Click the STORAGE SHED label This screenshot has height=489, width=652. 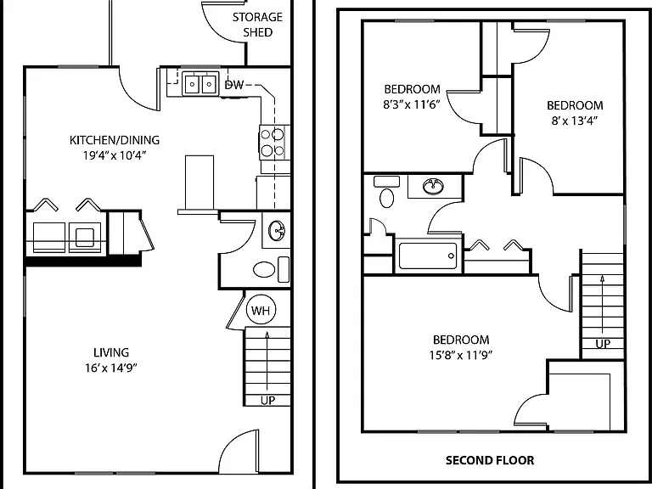pyautogui.click(x=257, y=25)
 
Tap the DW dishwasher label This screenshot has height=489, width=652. pyautogui.click(x=234, y=85)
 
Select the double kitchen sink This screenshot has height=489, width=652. pyautogui.click(x=200, y=84)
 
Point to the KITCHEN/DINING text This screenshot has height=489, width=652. pyautogui.click(x=115, y=140)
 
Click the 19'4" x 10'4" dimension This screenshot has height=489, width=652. pyautogui.click(x=115, y=155)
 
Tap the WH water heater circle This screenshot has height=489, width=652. pyautogui.click(x=261, y=310)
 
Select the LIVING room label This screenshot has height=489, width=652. pyautogui.click(x=111, y=352)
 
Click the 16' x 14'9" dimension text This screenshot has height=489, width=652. pyautogui.click(x=111, y=368)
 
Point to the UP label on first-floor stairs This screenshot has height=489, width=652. pyautogui.click(x=267, y=400)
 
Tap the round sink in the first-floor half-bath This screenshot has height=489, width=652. pyautogui.click(x=276, y=231)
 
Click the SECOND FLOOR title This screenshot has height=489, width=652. pyautogui.click(x=490, y=460)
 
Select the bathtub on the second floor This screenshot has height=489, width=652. pyautogui.click(x=428, y=256)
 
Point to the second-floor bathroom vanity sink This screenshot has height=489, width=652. pyautogui.click(x=433, y=186)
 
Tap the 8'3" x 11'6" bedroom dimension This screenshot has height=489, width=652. pyautogui.click(x=412, y=104)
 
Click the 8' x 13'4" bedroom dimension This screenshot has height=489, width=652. pyautogui.click(x=575, y=121)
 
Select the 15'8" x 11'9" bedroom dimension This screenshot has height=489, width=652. pyautogui.click(x=461, y=355)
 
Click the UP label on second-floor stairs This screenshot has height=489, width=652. pyautogui.click(x=603, y=344)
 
